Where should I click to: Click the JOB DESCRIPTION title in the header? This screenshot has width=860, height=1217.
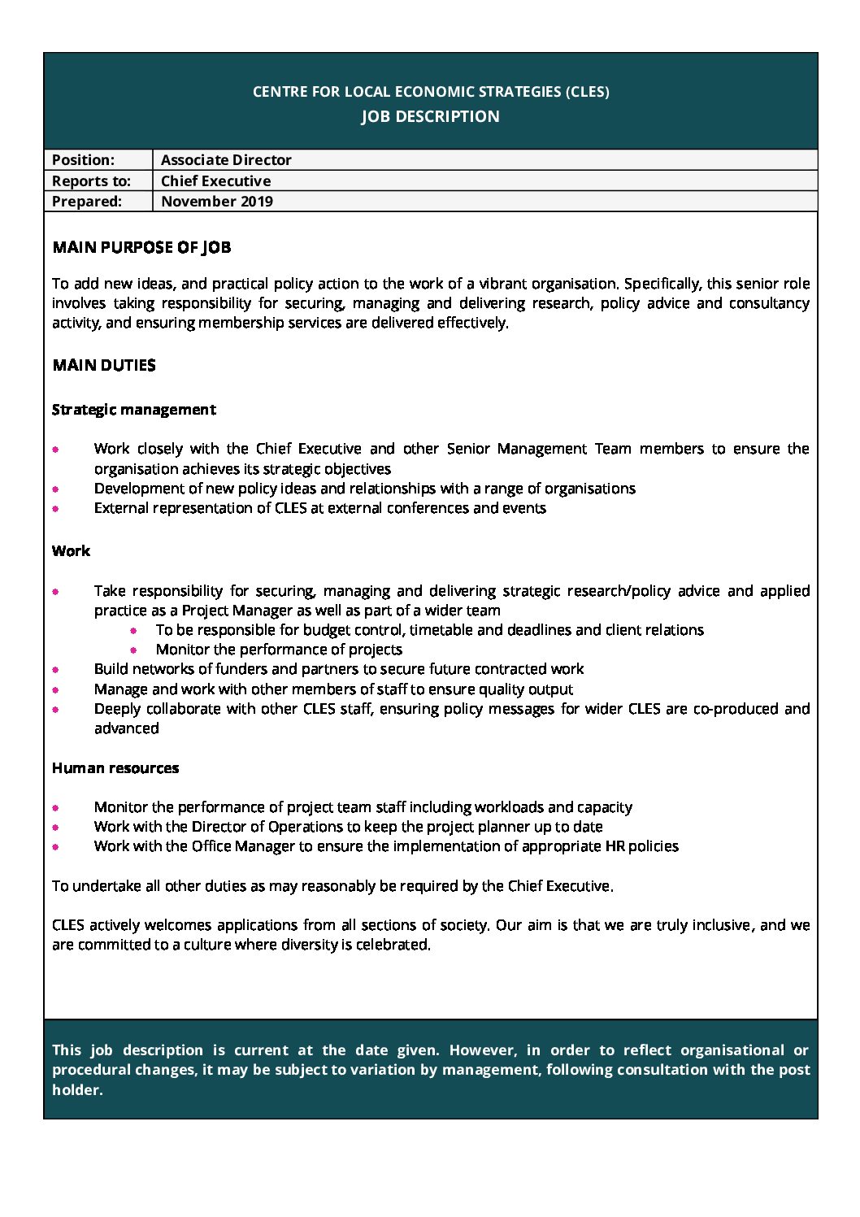[430, 116]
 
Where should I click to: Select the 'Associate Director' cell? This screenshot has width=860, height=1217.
[226, 160]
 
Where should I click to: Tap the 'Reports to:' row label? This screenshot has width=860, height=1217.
[91, 180]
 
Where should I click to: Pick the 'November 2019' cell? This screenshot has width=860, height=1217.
[217, 202]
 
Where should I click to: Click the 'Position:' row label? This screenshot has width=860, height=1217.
[83, 160]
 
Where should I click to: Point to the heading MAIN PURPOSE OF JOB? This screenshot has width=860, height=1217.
[141, 247]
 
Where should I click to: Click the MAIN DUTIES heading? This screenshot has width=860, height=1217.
[104, 365]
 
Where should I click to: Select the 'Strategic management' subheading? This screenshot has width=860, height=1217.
[133, 410]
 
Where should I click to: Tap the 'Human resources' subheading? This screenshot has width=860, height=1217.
[115, 768]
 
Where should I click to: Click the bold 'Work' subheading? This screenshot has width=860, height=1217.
[71, 551]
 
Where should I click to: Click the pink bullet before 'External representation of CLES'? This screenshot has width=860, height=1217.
[56, 509]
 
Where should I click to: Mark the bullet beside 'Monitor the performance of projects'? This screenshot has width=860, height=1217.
[134, 650]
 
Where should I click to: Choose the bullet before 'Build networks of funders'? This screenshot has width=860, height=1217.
[56, 670]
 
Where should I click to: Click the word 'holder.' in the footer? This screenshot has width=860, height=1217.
[77, 1090]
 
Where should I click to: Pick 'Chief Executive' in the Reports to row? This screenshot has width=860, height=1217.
[215, 180]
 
